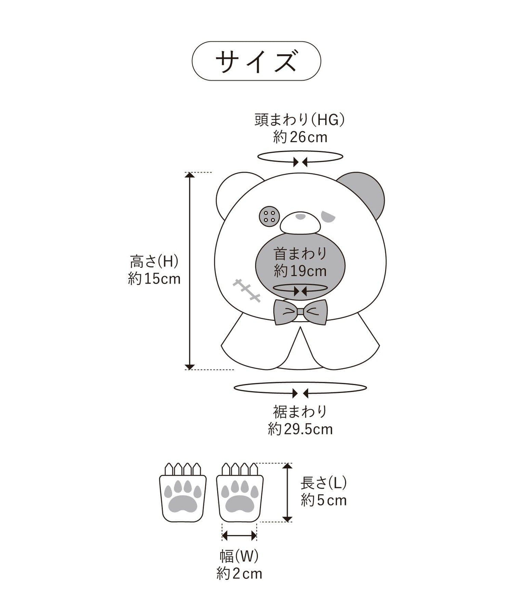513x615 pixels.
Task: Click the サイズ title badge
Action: (256, 61)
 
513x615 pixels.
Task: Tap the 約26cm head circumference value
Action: (300, 137)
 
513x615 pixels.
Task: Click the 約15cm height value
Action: (154, 278)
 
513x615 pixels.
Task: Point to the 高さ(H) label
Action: (154, 261)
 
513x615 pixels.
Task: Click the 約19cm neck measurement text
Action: (300, 271)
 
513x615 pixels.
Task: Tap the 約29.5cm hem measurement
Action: (300, 429)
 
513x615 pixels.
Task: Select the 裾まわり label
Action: (300, 411)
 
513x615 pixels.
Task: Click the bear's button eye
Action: (269, 217)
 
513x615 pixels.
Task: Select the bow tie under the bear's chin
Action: (301, 312)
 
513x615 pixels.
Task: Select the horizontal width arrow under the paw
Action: (239, 535)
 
